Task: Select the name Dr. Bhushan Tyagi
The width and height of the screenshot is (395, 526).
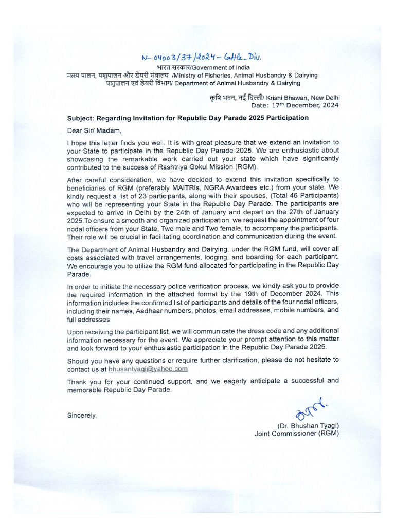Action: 308,426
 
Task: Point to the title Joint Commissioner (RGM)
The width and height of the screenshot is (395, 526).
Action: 297,434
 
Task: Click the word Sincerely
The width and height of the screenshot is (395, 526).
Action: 82,415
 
